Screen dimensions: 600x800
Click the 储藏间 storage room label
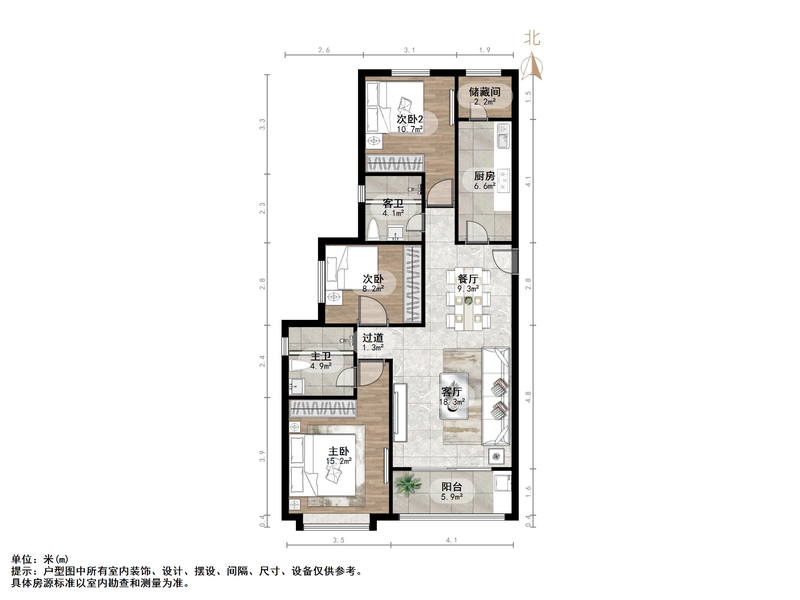(x=484, y=92)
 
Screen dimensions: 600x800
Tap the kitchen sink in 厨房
(x=503, y=136)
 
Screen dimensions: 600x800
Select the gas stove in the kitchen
(x=503, y=180)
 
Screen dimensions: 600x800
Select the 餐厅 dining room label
(x=468, y=279)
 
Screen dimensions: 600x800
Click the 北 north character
(x=532, y=38)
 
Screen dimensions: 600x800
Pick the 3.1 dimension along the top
(x=409, y=50)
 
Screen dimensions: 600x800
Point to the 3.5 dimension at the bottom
(x=338, y=540)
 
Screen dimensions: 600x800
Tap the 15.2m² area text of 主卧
(x=338, y=461)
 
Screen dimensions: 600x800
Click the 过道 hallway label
(x=373, y=338)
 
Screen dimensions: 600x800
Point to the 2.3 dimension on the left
(x=262, y=208)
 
